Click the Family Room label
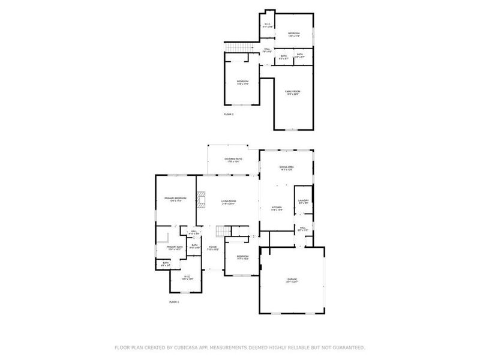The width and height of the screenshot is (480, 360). [x=292, y=92]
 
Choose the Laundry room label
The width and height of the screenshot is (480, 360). [x=304, y=202]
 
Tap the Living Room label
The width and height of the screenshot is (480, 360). [x=228, y=202]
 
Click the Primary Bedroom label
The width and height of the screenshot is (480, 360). [x=175, y=199]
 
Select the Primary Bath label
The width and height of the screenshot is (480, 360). [x=175, y=248]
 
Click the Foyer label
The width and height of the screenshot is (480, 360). [x=212, y=248]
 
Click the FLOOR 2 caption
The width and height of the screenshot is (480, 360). [x=229, y=113]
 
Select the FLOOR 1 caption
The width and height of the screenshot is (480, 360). [x=174, y=302]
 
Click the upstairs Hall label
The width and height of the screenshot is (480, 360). [x=267, y=50]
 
